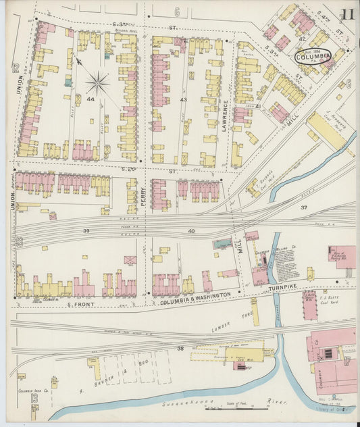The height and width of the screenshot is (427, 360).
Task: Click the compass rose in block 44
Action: pyautogui.click(x=97, y=84)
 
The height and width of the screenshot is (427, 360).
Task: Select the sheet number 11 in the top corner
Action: pyautogui.click(x=349, y=15)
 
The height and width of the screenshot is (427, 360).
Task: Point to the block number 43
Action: pyautogui.click(x=183, y=99)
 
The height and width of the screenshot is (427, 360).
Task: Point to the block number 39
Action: pyautogui.click(x=86, y=232)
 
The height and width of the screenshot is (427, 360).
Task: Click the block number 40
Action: pyautogui.click(x=191, y=232)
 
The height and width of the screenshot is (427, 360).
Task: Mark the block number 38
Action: pyautogui.click(x=180, y=348)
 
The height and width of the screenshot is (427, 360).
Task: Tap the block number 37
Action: pyautogui.click(x=304, y=207)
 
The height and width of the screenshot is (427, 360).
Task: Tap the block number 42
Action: pyautogui.click(x=303, y=39)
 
